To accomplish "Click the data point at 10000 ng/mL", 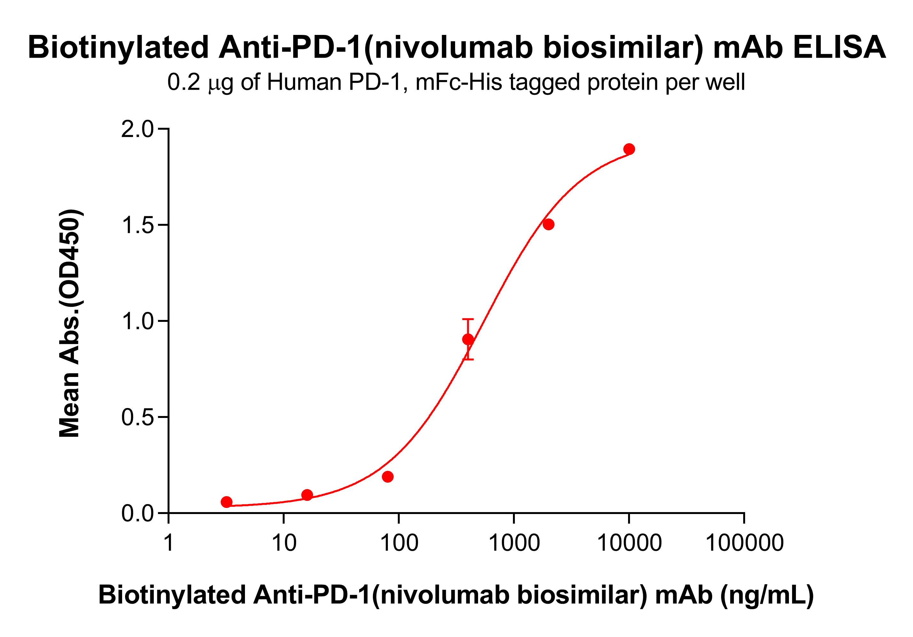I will click(629, 149).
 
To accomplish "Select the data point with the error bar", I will click(468, 339).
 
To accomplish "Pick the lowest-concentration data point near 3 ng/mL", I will click(226, 502).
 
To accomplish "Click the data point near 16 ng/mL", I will click(307, 495).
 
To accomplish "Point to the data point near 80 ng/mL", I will click(388, 477).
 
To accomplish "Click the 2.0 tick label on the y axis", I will click(137, 130).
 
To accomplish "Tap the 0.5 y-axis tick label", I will click(137, 417).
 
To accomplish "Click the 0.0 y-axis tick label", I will click(137, 514).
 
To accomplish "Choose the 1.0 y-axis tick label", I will click(137, 321).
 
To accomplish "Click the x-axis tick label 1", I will click(169, 543).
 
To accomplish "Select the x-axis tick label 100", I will click(399, 543).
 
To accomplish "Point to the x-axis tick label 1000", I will click(514, 543).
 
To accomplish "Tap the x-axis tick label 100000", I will click(744, 543).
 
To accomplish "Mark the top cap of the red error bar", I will click(468, 319).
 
